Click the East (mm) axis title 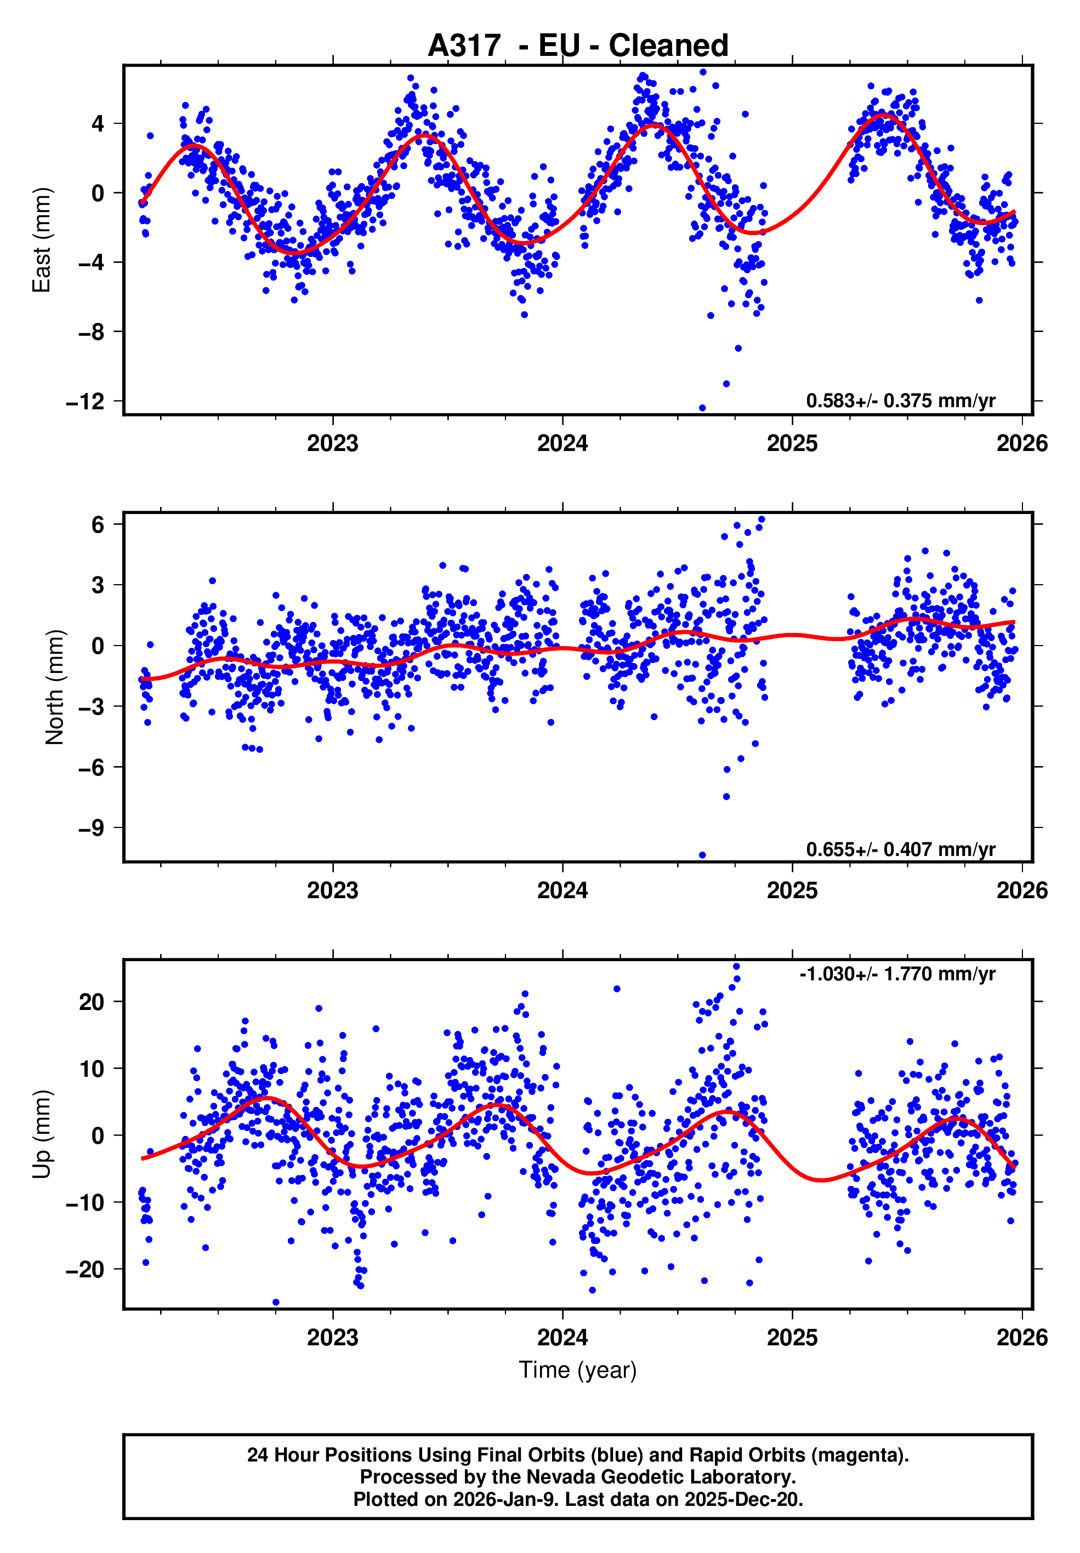[x=42, y=240]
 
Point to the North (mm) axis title [x=54, y=687]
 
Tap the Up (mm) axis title [x=42, y=1134]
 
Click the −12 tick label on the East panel [x=86, y=402]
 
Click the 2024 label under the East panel [x=562, y=444]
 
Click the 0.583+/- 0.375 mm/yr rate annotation [x=900, y=401]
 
